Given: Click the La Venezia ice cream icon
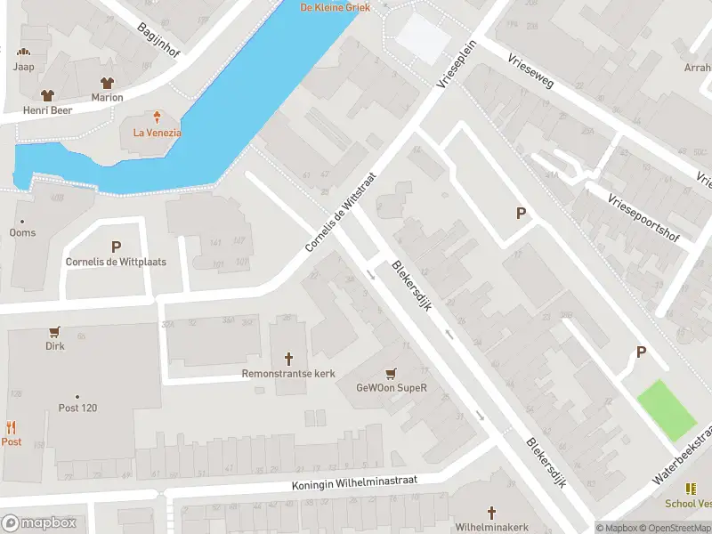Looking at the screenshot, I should pyautogui.click(x=157, y=117).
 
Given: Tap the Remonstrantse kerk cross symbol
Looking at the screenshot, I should pyautogui.click(x=288, y=359).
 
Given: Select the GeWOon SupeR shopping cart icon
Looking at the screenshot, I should pyautogui.click(x=390, y=373).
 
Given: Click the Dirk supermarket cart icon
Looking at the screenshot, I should pyautogui.click(x=55, y=331).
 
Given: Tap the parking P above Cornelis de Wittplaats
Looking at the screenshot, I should pyautogui.click(x=115, y=247).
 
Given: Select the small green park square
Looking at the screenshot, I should pyautogui.click(x=667, y=409).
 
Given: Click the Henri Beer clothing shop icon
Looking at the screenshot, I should pyautogui.click(x=47, y=94).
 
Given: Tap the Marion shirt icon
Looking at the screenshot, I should pyautogui.click(x=107, y=82).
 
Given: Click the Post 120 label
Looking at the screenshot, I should pyautogui.click(x=77, y=408).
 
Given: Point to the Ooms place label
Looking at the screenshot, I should pyautogui.click(x=22, y=232).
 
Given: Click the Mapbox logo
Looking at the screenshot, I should pyautogui.click(x=39, y=522).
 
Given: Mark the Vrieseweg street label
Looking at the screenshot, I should pyautogui.click(x=531, y=74).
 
